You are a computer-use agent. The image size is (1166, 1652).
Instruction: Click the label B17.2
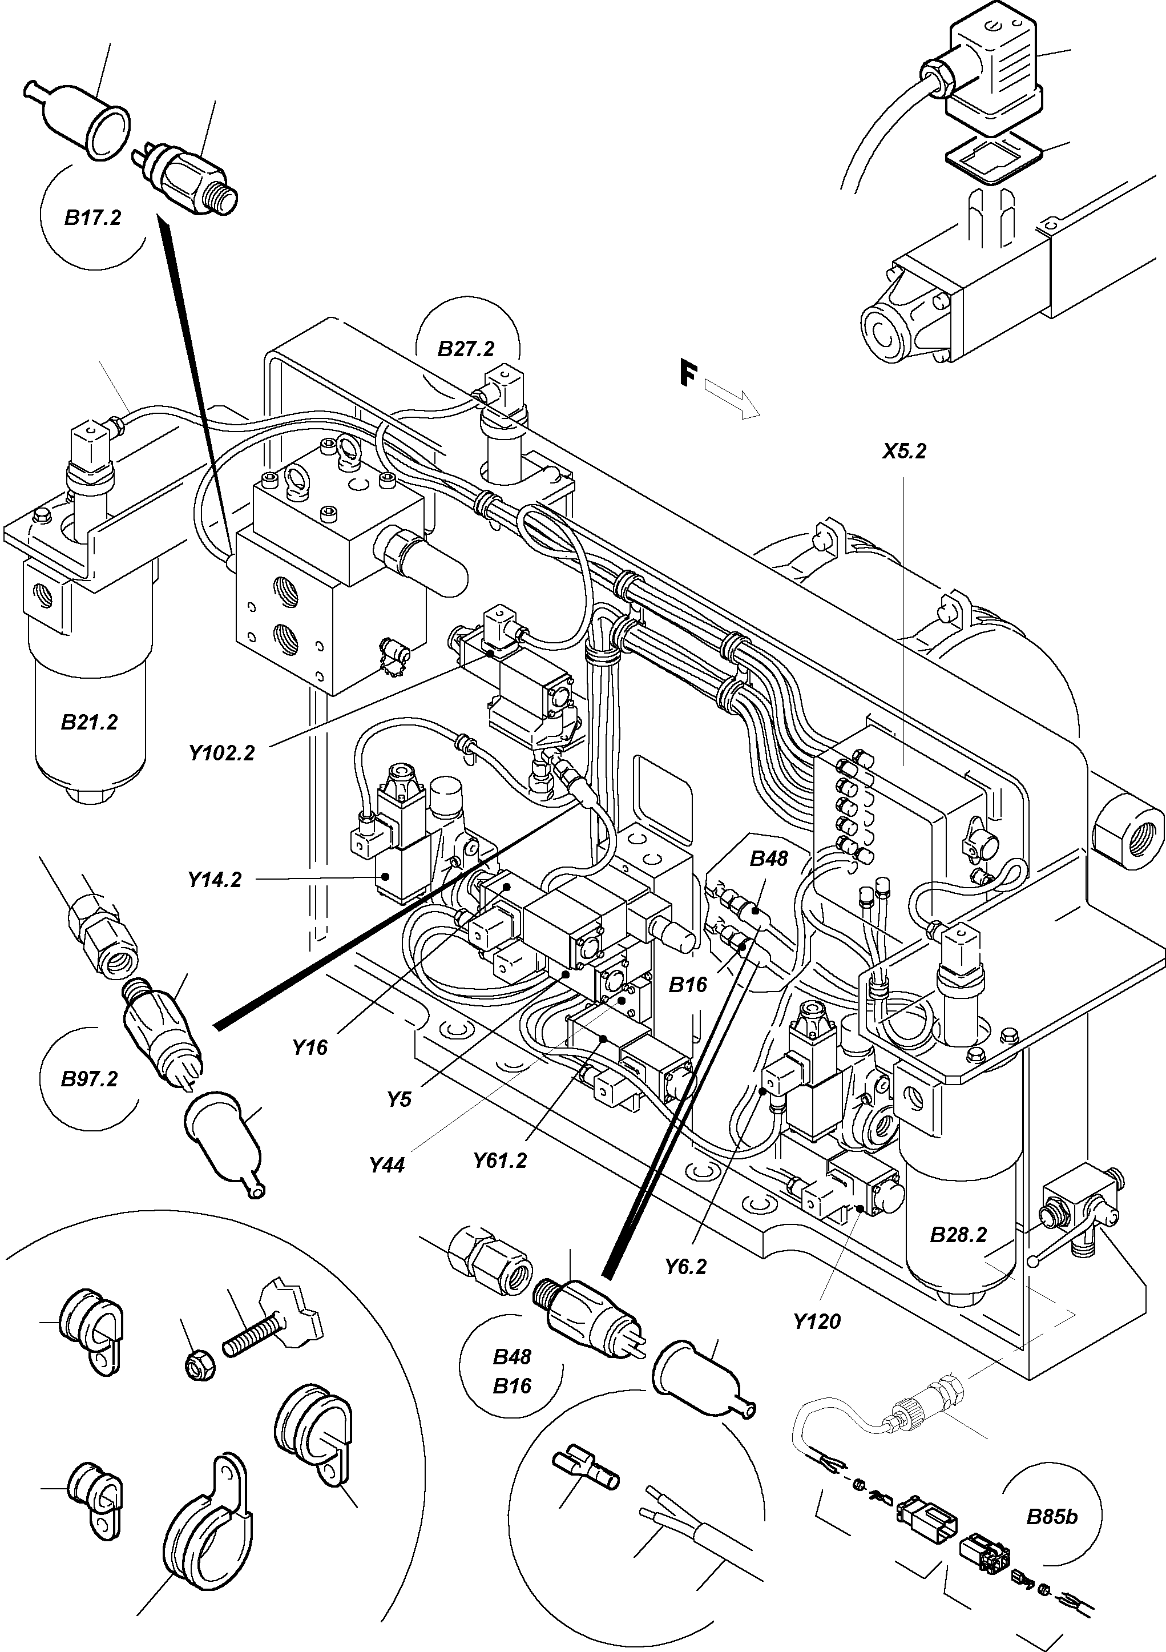(x=93, y=218)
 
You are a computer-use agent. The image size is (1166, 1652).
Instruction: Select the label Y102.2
(x=221, y=754)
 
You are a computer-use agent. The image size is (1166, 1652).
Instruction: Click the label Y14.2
(x=215, y=879)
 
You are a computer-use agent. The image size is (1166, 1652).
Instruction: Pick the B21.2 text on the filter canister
(x=89, y=722)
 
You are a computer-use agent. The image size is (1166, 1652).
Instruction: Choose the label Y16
(x=310, y=1047)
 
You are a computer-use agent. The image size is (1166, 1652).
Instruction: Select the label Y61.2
(x=500, y=1161)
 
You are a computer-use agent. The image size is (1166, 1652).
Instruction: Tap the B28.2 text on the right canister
(x=958, y=1235)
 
